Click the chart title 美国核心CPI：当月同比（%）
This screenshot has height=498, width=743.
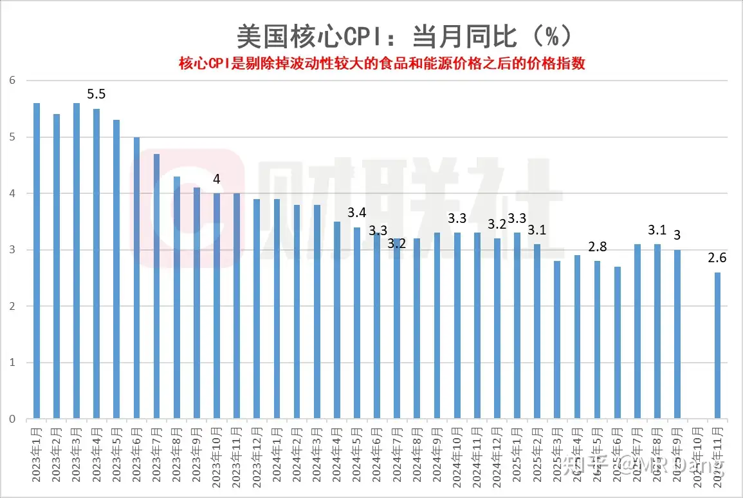(x=403, y=37)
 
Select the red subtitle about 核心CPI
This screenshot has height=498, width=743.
(x=382, y=64)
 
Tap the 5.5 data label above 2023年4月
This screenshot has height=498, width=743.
(x=96, y=95)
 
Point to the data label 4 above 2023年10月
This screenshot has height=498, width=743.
(x=217, y=179)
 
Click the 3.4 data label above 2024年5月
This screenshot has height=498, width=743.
(x=357, y=213)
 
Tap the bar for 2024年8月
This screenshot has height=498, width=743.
(x=417, y=329)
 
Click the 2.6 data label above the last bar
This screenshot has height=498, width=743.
(x=718, y=258)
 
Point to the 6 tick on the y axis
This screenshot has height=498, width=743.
(x=12, y=81)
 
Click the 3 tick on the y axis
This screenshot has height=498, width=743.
(x=12, y=250)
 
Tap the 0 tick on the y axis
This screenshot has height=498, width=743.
(x=12, y=419)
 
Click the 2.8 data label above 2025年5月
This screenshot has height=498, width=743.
(x=598, y=247)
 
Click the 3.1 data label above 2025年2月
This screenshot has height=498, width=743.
(x=537, y=229)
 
